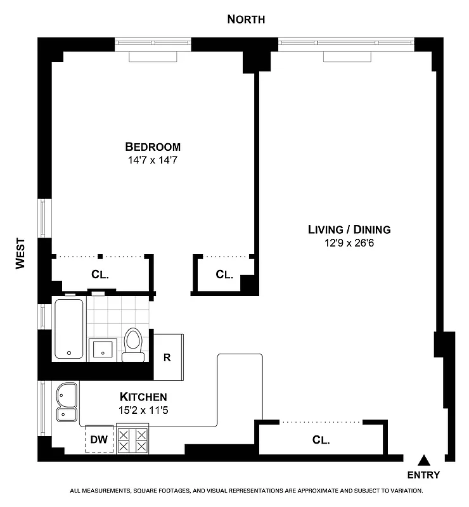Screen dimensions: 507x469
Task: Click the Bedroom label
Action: [152, 146]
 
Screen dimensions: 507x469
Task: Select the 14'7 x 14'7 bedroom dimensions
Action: [152, 161]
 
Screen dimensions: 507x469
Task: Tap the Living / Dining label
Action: [349, 229]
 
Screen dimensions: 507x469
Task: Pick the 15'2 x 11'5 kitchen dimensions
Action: [143, 410]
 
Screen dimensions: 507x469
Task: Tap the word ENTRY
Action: [424, 475]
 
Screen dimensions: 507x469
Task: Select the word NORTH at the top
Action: [246, 20]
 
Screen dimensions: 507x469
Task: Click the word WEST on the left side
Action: [20, 253]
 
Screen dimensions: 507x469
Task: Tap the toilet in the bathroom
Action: [133, 343]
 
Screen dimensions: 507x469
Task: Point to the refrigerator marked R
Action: [167, 357]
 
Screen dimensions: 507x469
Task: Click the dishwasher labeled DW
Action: [98, 438]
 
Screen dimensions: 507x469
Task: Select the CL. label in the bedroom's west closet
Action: [101, 275]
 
